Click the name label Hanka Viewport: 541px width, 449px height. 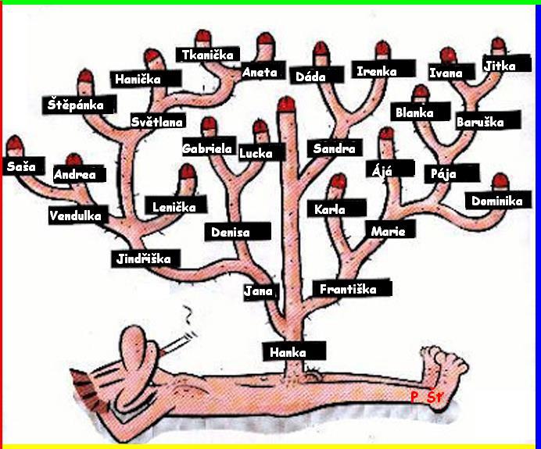[294, 351]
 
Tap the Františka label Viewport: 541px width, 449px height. [353, 288]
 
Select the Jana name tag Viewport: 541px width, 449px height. [261, 291]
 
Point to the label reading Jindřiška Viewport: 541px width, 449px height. [145, 258]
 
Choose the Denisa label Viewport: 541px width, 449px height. [238, 232]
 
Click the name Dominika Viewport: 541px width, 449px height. [498, 201]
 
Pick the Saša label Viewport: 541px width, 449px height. [23, 166]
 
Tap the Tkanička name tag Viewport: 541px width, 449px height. [208, 55]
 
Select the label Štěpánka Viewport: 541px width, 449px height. [79, 105]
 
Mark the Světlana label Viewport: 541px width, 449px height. [158, 121]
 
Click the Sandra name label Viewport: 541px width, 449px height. [335, 148]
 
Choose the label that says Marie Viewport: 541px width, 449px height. [391, 230]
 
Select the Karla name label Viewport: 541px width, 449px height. [337, 208]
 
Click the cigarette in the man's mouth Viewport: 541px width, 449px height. [178, 343]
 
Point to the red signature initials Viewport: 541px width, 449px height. [426, 397]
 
